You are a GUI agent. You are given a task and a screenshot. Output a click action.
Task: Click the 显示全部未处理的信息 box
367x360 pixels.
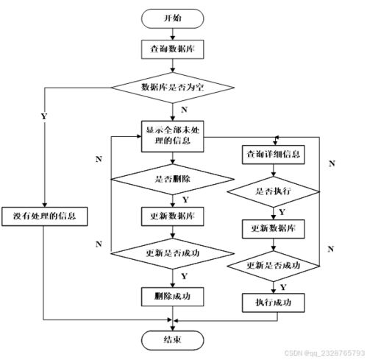pyautogui.click(x=172, y=135)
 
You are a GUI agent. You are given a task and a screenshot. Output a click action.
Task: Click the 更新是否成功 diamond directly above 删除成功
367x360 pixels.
pyautogui.click(x=172, y=252)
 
